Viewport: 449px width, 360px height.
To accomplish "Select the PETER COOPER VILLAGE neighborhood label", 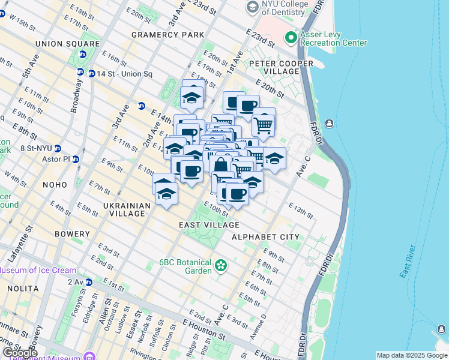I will tap(282, 67).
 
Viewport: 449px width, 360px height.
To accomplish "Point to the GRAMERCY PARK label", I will tap(167, 35).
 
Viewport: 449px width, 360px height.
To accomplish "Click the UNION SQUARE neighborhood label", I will tap(67, 44).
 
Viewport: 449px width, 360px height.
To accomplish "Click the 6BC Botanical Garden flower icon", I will tap(221, 265).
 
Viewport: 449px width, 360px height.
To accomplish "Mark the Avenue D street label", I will tap(259, 325).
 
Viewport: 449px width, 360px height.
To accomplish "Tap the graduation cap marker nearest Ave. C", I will tap(274, 159).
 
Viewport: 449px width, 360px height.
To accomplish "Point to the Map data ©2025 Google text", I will tap(411, 355).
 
